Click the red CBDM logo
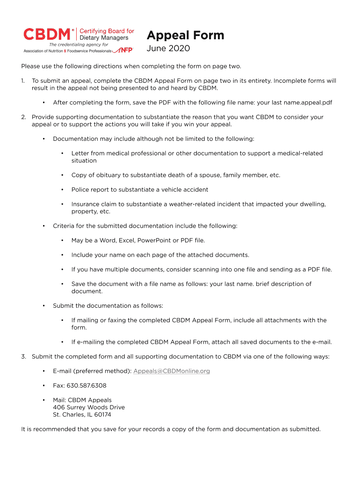click(48, 34)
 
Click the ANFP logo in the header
click(124, 50)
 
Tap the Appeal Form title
click(185, 36)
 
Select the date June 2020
click(168, 49)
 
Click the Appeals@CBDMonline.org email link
click(172, 371)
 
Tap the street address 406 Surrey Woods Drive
click(89, 407)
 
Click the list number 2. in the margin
click(23, 117)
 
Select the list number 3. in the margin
click(23, 356)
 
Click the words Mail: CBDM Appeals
click(82, 400)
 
